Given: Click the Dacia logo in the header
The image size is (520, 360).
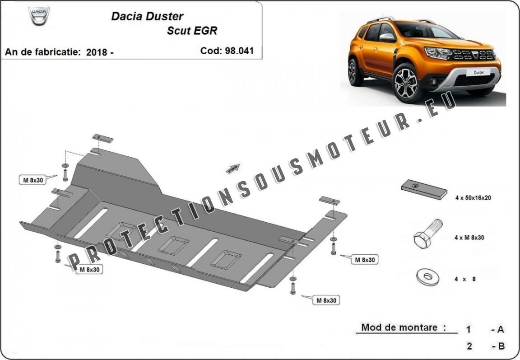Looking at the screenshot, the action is pyautogui.click(x=39, y=16).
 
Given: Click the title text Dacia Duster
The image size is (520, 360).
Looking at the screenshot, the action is pyautogui.click(x=147, y=16).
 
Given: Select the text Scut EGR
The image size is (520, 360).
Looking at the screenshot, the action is pyautogui.click(x=192, y=31).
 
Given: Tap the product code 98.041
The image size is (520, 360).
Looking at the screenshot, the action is pyautogui.click(x=239, y=51).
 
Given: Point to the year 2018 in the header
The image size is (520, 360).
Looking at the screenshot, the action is pyautogui.click(x=97, y=52).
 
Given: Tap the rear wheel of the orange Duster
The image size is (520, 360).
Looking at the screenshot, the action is pyautogui.click(x=354, y=72).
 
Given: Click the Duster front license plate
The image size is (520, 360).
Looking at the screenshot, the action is pyautogui.click(x=478, y=72).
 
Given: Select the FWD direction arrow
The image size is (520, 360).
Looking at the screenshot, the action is pyautogui.click(x=233, y=169).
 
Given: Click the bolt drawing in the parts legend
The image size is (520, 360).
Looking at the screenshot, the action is pyautogui.click(x=428, y=234).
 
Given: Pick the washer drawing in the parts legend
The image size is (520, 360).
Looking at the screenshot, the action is pyautogui.click(x=427, y=277).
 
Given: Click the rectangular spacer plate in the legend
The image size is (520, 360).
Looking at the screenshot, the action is pyautogui.click(x=424, y=189).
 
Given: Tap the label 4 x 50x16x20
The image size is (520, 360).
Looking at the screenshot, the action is pyautogui.click(x=473, y=198).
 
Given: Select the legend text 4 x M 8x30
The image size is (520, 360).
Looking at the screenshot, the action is pyautogui.click(x=469, y=238).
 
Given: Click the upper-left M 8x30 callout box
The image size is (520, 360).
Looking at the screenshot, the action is pyautogui.click(x=33, y=180).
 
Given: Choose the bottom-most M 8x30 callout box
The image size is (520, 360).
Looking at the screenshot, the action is pyautogui.click(x=326, y=300).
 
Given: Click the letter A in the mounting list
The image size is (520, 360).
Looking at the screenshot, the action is pyautogui.click(x=501, y=329).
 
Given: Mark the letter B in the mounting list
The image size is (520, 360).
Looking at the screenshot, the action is pyautogui.click(x=501, y=346).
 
